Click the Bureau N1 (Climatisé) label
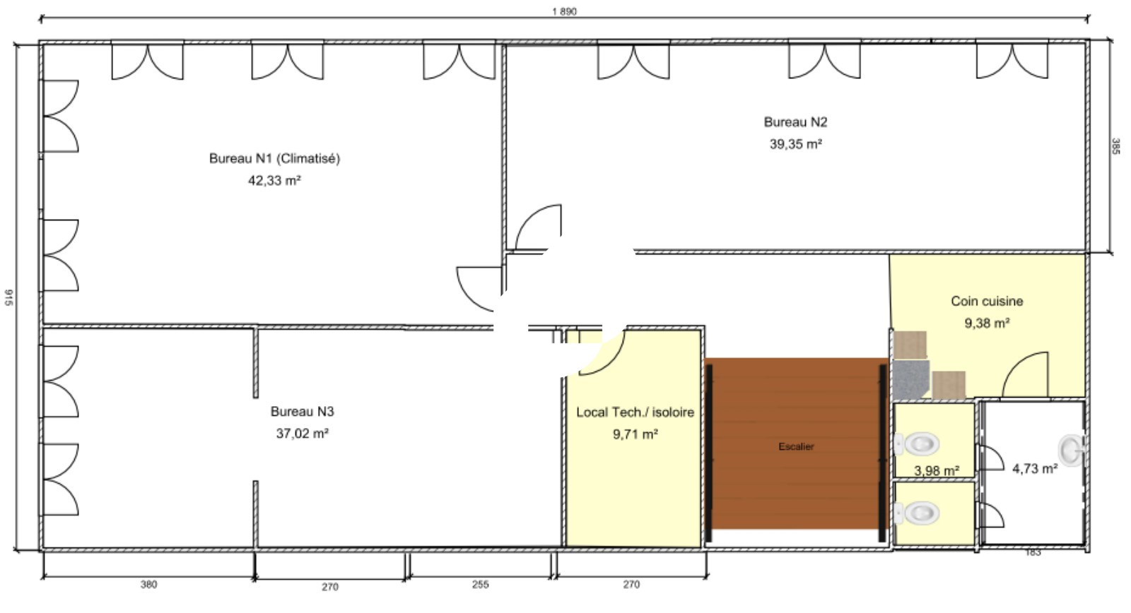point(275,158)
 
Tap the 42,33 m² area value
point(275,180)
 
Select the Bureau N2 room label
point(795,122)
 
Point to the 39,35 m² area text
point(796,144)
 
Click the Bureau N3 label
point(303,412)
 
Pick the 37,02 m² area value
point(303,434)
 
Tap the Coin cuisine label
point(987,301)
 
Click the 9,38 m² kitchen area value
point(987,323)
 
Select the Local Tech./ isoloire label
point(635,412)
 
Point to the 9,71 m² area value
point(635,434)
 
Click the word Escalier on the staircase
point(796,446)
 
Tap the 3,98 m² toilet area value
point(937,471)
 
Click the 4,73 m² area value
point(1035,469)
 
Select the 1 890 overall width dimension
point(564,11)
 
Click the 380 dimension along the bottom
point(148,585)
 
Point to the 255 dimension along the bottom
point(480,585)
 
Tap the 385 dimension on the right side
point(1116,146)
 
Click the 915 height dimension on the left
point(9,297)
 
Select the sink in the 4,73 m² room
point(1071,450)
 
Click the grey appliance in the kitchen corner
point(911,379)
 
